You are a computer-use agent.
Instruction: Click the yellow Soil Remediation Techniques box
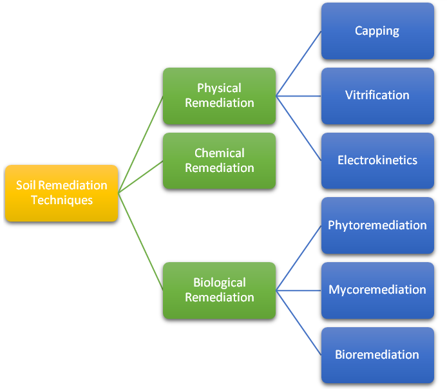(x=61, y=193)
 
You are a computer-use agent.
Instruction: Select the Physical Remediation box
(x=219, y=95)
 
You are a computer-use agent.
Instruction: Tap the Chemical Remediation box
(x=219, y=160)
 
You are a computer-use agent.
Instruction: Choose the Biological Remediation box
(x=219, y=290)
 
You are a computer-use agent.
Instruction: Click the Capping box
(x=377, y=31)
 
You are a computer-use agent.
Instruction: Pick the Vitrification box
(x=377, y=95)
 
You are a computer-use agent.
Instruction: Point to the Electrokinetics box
(x=377, y=160)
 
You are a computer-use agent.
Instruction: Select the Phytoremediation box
(x=377, y=225)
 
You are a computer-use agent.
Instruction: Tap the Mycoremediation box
(x=377, y=290)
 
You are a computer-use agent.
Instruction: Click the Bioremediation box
(x=377, y=355)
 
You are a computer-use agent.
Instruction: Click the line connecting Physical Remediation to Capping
(x=299, y=64)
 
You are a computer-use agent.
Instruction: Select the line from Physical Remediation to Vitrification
(x=299, y=96)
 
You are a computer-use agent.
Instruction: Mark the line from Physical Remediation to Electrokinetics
(x=299, y=128)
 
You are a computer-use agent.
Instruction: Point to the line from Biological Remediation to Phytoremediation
(x=299, y=258)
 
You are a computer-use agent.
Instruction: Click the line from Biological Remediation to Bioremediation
(x=299, y=323)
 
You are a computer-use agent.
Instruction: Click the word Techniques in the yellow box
(x=62, y=200)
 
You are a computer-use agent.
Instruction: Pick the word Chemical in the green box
(x=220, y=153)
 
